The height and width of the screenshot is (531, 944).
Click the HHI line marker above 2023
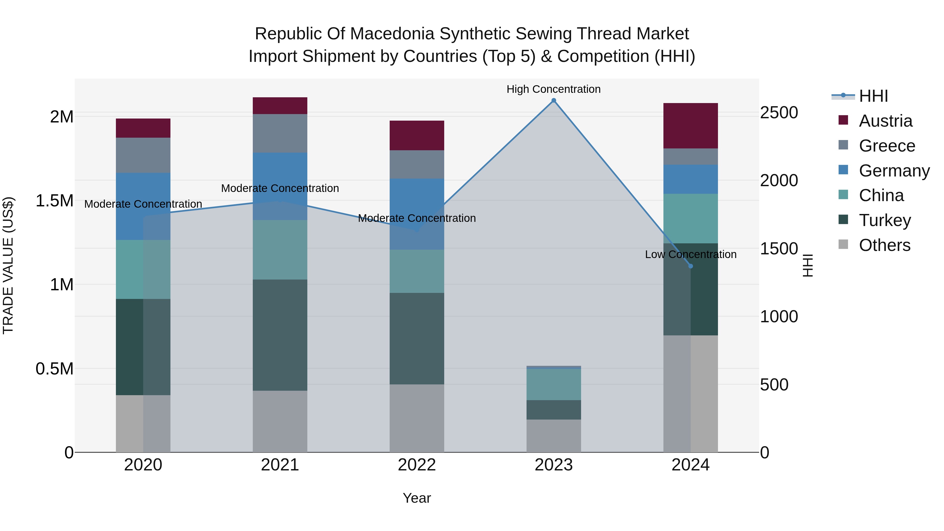tap(554, 100)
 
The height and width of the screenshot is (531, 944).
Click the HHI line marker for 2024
tap(690, 266)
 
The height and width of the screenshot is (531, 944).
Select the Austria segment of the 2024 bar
tap(690, 126)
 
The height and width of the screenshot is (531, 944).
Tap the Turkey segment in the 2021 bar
tap(280, 335)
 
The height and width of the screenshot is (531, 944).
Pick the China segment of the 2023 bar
tap(554, 384)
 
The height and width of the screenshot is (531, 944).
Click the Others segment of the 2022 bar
tap(417, 418)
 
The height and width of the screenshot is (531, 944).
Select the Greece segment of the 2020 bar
tap(143, 155)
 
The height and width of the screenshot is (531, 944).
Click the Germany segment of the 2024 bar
tap(690, 179)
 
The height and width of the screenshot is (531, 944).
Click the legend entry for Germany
tap(894, 171)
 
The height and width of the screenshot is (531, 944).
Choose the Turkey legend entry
tap(885, 220)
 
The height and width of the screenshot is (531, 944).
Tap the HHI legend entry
tap(873, 96)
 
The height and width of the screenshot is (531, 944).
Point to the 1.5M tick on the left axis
tap(55, 201)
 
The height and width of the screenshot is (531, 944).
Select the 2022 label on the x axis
tap(417, 465)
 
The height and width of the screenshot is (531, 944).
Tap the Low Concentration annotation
tap(690, 254)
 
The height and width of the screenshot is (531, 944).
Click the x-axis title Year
tap(417, 498)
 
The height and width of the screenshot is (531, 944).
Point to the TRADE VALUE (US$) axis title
tap(8, 265)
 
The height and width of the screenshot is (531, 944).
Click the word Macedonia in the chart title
tap(392, 34)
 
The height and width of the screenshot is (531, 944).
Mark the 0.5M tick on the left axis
tap(55, 369)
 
